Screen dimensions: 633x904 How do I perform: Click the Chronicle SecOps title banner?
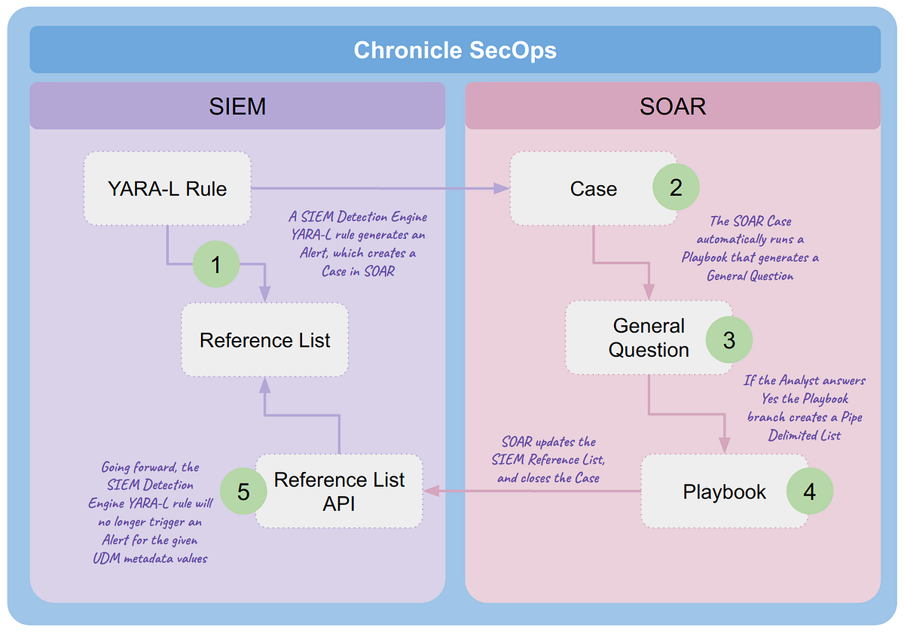click(x=455, y=50)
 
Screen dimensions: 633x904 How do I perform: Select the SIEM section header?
click(x=237, y=106)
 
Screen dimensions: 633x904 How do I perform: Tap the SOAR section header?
click(x=673, y=106)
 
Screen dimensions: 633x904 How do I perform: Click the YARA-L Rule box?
click(x=166, y=188)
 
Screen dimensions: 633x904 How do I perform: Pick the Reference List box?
click(x=264, y=340)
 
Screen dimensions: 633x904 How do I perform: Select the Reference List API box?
click(x=339, y=491)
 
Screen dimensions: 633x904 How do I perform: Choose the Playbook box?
click(x=716, y=492)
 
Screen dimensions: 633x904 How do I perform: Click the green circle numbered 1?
click(x=216, y=265)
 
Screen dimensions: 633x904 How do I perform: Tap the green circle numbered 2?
click(x=676, y=187)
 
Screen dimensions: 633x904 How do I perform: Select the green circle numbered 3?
click(x=728, y=339)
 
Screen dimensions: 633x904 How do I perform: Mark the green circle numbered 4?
click(x=809, y=492)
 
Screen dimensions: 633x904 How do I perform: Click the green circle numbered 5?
click(x=243, y=491)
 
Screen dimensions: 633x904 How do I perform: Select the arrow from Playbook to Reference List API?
click(x=531, y=491)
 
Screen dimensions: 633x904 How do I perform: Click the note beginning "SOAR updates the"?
click(x=548, y=460)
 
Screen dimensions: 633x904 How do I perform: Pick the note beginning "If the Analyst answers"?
click(x=805, y=408)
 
